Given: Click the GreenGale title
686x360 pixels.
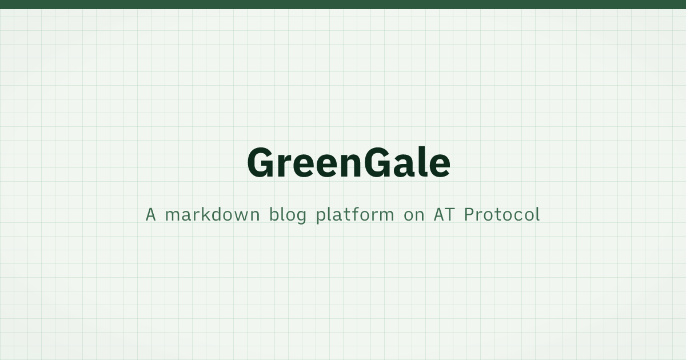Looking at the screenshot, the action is coord(349,162).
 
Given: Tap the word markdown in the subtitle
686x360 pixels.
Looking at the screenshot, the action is coord(213,214).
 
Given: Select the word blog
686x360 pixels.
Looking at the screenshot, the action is coord(288,215).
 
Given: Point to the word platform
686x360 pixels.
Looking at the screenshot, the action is coord(355,215).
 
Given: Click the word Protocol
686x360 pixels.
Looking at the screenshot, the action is coord(502,214).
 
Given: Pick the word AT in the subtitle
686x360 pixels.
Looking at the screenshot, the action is coord(444,215).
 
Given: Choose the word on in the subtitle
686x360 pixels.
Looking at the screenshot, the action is coord(414,217).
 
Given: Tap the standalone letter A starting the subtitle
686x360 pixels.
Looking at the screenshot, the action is coord(150,215).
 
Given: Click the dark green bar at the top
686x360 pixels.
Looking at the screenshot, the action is coord(343,5).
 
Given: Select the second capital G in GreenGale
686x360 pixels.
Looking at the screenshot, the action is coord(378,162).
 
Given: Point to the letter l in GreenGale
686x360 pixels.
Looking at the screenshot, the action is coord(418,162).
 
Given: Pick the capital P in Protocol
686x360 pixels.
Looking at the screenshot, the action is coord(469,215).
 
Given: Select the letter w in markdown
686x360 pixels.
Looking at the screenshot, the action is coord(240,217).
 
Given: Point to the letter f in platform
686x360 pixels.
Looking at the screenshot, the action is coord(356,214).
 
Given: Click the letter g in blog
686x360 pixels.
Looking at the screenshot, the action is coord(301,218).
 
